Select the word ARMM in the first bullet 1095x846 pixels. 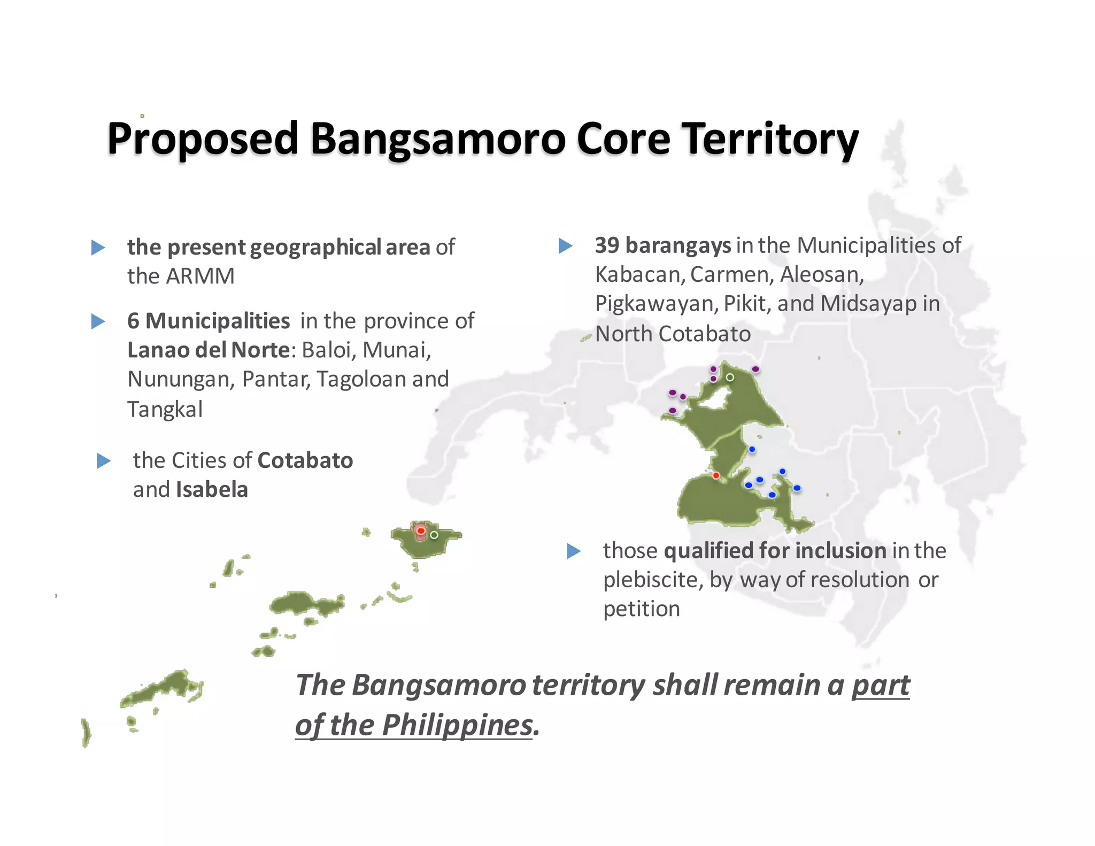coord(200,276)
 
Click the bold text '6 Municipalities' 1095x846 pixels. coord(209,321)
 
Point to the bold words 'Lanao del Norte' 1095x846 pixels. coord(209,350)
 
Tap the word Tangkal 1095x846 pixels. coord(165,410)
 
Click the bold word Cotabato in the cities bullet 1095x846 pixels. coord(305,460)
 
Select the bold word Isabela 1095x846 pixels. coord(212,490)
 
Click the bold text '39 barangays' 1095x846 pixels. coord(663,245)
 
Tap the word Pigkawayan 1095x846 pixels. coord(656,304)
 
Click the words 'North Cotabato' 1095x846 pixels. coord(673,334)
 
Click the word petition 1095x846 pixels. coord(642,609)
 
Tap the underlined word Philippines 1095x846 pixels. coord(457,726)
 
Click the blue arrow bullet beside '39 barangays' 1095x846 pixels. coord(565,246)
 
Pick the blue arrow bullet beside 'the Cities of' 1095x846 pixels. coord(104,461)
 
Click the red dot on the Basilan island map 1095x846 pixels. coord(421,531)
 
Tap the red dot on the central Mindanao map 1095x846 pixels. coord(716,475)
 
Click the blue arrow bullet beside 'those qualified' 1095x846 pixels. coord(574,551)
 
